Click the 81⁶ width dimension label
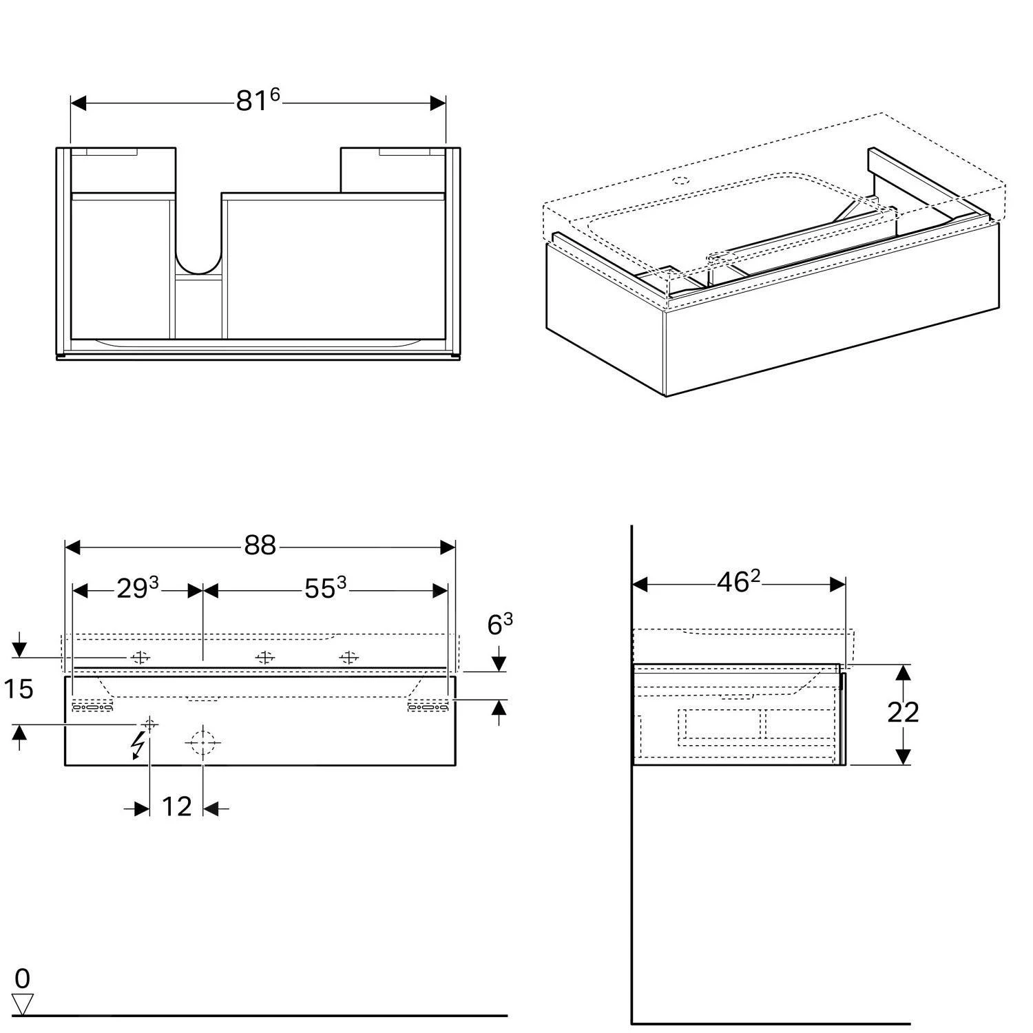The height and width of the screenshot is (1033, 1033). [258, 101]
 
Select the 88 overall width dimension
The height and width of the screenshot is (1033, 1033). [260, 546]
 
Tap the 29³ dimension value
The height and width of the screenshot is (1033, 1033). [137, 589]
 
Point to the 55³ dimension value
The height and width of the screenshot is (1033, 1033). [325, 589]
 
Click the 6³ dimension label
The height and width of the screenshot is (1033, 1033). [499, 625]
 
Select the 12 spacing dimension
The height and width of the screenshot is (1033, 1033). [176, 807]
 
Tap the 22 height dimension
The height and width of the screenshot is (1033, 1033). [902, 713]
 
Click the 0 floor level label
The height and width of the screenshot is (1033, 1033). [22, 979]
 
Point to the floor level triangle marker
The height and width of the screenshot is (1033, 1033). [23, 1003]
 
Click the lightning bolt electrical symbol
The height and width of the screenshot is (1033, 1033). [140, 746]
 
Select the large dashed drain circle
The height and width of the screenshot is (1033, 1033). [202, 742]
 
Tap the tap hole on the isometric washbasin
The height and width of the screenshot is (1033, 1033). [680, 182]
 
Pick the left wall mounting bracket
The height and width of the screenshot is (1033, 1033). [92, 706]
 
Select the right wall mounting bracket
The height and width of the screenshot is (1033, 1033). [427, 706]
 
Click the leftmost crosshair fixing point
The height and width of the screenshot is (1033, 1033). [140, 658]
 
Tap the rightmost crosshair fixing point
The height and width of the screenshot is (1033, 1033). [349, 658]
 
